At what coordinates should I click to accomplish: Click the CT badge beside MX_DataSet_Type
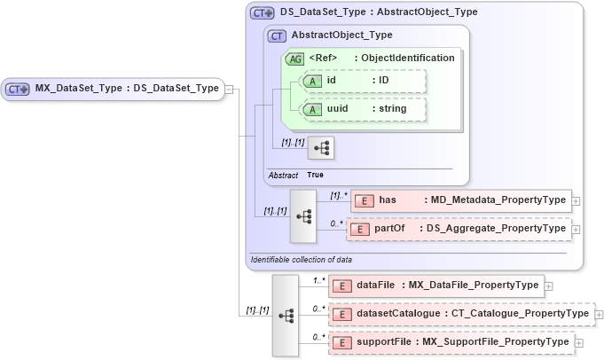[x=19, y=89]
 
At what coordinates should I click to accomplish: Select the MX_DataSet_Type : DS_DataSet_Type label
[x=126, y=89]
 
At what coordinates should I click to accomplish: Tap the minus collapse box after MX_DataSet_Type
[x=230, y=89]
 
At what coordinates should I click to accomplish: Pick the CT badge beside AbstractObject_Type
[x=277, y=35]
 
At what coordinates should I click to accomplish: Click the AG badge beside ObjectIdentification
[x=294, y=59]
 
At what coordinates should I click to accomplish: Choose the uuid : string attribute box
[x=365, y=109]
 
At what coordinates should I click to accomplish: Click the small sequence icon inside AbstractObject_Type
[x=320, y=147]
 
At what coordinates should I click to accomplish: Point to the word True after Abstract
[x=315, y=175]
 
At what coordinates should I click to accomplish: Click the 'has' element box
[x=460, y=200]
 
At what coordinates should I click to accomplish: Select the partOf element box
[x=459, y=229]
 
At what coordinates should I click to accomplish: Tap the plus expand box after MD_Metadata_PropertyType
[x=577, y=201]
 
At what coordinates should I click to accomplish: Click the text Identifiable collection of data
[x=302, y=260]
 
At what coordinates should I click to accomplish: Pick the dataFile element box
[x=435, y=286]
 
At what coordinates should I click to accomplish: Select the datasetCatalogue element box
[x=460, y=314]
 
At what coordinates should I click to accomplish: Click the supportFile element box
[x=451, y=342]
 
